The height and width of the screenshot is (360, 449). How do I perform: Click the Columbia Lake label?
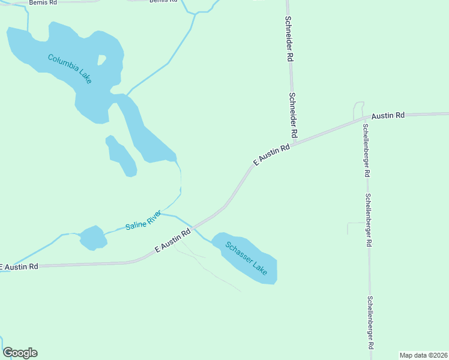click(70, 68)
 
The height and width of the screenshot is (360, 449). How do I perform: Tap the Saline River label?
click(143, 221)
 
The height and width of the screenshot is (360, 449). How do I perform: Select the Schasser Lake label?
click(247, 258)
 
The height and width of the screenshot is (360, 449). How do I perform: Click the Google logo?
click(20, 353)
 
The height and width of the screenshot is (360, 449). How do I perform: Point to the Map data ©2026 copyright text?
click(423, 355)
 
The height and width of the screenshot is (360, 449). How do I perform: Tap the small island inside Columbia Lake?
click(101, 59)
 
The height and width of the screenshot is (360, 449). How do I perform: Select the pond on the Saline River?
click(93, 238)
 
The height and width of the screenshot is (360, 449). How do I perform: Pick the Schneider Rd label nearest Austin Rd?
click(294, 114)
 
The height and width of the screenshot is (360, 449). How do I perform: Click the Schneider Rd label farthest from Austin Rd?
click(289, 38)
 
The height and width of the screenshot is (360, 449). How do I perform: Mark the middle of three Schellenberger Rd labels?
click(369, 220)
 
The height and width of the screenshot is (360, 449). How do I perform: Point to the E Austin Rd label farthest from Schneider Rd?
click(19, 266)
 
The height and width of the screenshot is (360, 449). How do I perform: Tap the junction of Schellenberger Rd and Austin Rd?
click(363, 118)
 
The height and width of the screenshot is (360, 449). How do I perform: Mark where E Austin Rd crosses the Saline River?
click(193, 228)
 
